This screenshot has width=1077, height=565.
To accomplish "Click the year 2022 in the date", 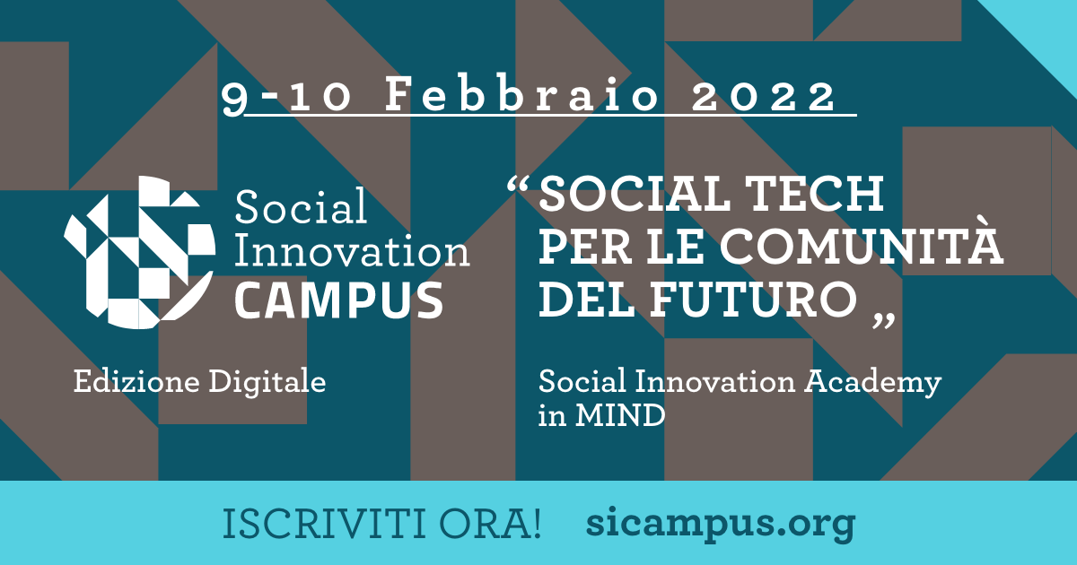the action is point(765,97).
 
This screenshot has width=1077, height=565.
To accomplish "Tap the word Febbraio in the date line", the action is point(522,94).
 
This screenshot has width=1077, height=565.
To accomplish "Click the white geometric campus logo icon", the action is point(139,252).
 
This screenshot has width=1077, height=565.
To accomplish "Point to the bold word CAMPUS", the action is point(339,300).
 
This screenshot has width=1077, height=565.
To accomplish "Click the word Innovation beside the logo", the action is point(352,251).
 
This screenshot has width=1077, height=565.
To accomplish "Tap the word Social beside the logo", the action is point(301,206).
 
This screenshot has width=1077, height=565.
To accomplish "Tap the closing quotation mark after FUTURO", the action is point(884,320).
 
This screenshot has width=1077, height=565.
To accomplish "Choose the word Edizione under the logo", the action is point(136,382).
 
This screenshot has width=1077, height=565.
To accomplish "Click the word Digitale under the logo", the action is point(267,383).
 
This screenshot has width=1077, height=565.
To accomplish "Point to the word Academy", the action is point(873,383).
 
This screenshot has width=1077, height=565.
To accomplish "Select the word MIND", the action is point(620,415).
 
